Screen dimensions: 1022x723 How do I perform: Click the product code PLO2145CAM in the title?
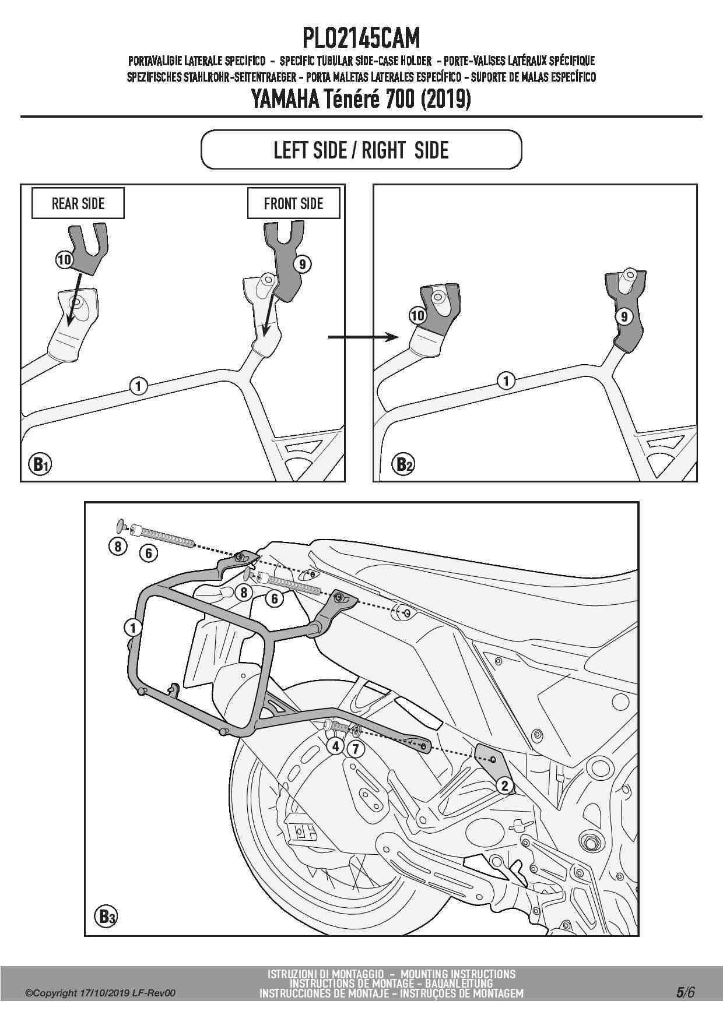click(x=361, y=38)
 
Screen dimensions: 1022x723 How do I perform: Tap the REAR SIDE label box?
click(x=78, y=203)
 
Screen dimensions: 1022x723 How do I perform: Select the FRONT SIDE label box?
click(x=293, y=203)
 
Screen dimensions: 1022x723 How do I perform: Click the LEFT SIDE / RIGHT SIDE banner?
click(x=361, y=150)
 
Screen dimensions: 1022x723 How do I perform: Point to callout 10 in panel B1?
click(x=64, y=259)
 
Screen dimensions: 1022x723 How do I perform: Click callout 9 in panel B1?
click(x=302, y=264)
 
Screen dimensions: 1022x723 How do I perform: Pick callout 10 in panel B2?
click(x=417, y=316)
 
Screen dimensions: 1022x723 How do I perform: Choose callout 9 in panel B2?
click(x=624, y=316)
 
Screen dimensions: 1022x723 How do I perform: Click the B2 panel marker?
click(x=405, y=464)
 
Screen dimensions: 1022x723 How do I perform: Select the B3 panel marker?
click(x=106, y=917)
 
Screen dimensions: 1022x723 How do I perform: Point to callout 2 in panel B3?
click(x=505, y=785)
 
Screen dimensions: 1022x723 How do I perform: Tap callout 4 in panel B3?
click(x=335, y=746)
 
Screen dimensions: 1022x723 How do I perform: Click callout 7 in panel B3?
click(x=355, y=748)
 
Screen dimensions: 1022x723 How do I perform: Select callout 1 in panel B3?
click(x=133, y=628)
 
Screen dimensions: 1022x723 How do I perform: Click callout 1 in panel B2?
click(x=506, y=380)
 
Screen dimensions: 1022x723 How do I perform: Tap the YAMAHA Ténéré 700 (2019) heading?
click(x=361, y=99)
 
